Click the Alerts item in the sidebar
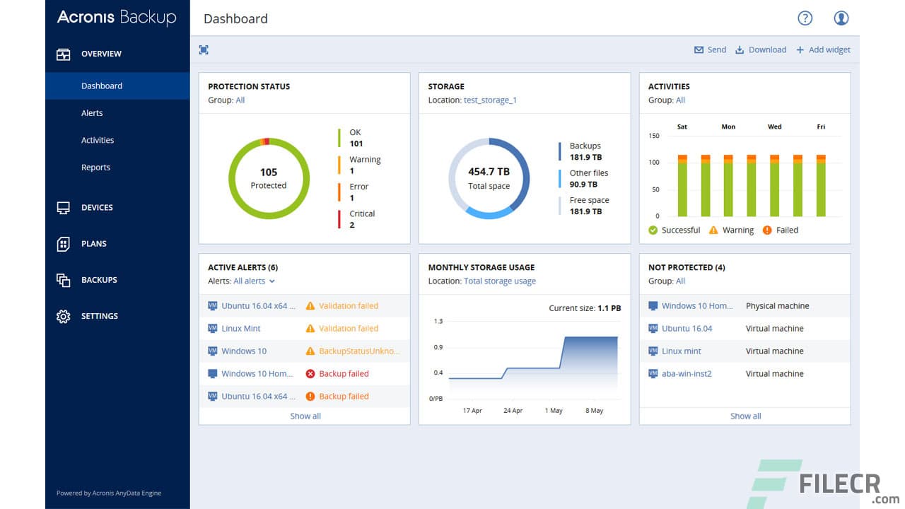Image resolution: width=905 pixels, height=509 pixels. click(92, 113)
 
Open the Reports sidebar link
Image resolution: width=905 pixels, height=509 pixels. click(95, 168)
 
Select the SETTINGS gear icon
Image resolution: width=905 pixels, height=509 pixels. click(64, 316)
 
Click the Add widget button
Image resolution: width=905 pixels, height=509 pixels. click(823, 49)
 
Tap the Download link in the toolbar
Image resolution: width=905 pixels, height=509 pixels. click(761, 49)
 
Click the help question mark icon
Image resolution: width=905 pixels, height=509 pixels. click(805, 18)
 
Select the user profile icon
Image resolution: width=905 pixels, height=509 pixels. click(841, 18)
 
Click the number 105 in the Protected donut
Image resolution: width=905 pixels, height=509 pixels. click(269, 172)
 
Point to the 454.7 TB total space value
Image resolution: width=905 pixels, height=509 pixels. click(489, 172)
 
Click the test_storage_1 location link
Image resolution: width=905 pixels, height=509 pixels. click(490, 100)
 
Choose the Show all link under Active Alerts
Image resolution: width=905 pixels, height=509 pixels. click(305, 416)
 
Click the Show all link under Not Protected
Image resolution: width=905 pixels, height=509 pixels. click(745, 416)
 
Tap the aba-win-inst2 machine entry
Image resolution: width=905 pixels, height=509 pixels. click(687, 373)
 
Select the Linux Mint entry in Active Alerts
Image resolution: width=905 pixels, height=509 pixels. click(241, 328)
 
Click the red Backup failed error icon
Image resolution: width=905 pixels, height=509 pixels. click(310, 373)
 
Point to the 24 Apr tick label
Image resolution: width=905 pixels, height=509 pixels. click(513, 411)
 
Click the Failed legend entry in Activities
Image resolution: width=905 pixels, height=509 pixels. click(781, 230)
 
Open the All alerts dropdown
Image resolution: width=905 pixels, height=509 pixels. click(254, 281)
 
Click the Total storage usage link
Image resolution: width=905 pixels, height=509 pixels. click(500, 281)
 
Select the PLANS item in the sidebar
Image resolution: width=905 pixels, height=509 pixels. click(93, 244)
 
